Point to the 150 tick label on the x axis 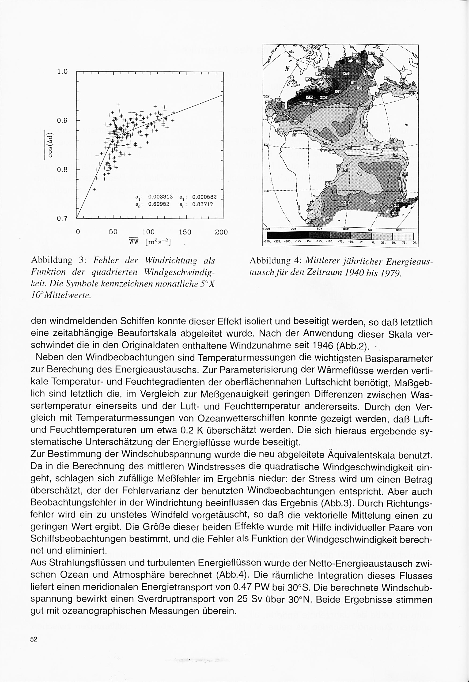[185, 232]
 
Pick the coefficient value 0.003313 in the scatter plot [160, 196]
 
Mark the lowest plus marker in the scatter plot [95, 190]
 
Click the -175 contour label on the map [310, 97]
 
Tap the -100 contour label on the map [323, 97]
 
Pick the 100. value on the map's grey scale [414, 243]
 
